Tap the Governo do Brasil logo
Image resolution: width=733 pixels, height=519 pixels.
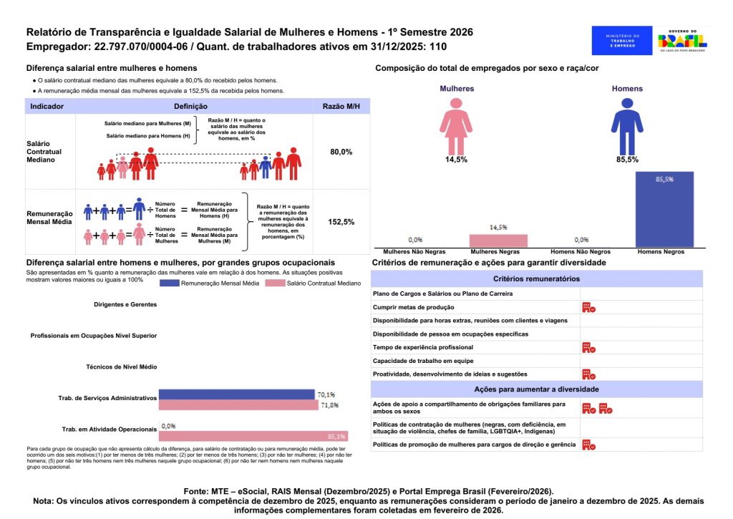(x=682, y=41)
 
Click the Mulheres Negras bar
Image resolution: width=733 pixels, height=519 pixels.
(x=498, y=241)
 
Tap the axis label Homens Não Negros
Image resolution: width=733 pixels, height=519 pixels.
(x=581, y=252)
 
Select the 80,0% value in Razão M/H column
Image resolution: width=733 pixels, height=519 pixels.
(x=341, y=152)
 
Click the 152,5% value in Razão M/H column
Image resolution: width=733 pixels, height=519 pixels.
(x=341, y=222)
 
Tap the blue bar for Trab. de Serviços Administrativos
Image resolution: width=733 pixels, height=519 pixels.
(x=236, y=394)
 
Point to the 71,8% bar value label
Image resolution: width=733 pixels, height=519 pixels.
(x=329, y=405)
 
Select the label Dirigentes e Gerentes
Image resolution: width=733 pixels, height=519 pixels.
(x=125, y=304)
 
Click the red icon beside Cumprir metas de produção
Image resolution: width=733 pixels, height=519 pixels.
(x=588, y=307)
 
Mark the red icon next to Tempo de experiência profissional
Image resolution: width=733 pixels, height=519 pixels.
(x=588, y=347)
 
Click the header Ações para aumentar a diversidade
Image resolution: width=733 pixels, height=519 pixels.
(x=536, y=389)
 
